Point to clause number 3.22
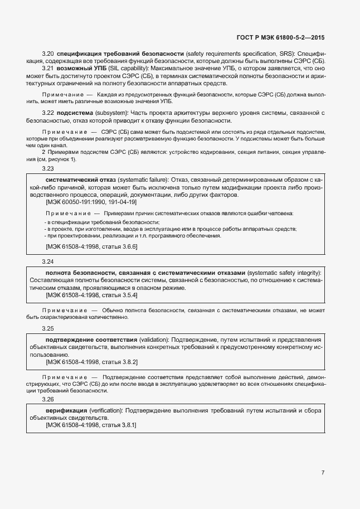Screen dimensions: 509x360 (x=48, y=113)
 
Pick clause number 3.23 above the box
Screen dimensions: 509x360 (x=48, y=168)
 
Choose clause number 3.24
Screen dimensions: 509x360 (x=48, y=261)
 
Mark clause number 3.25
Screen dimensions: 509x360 (x=48, y=328)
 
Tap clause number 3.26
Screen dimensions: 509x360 (x=48, y=399)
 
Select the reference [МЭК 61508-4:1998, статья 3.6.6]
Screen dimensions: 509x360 (x=91, y=246)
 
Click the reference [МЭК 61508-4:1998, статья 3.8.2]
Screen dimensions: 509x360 (x=91, y=362)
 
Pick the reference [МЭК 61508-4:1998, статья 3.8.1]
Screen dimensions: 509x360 (x=91, y=425)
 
